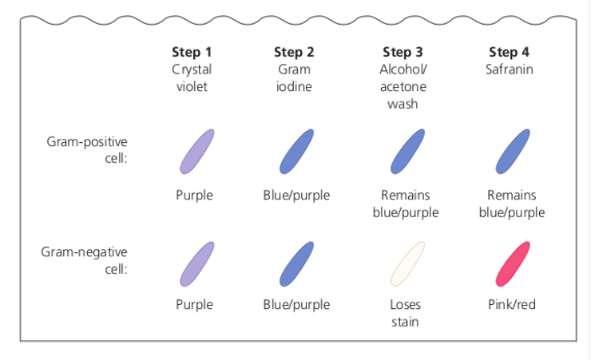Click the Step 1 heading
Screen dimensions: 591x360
coord(192,53)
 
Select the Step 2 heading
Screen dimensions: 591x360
coord(294,53)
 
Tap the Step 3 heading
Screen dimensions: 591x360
coord(403,53)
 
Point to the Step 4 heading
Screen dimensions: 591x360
coord(509,53)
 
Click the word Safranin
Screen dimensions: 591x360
coord(509,69)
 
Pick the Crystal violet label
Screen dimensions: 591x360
coord(192,77)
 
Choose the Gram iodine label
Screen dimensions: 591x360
coord(294,77)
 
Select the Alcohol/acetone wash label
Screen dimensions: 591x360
coord(403,86)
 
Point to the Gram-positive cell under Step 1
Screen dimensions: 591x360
coord(196,152)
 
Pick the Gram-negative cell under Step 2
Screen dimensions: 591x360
coord(295,264)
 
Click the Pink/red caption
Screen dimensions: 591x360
coord(512,305)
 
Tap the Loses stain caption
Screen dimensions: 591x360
coord(405,313)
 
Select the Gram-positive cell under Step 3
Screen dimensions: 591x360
coord(407,152)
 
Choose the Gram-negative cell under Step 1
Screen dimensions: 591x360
coord(196,264)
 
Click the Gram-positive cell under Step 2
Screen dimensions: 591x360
coord(295,152)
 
